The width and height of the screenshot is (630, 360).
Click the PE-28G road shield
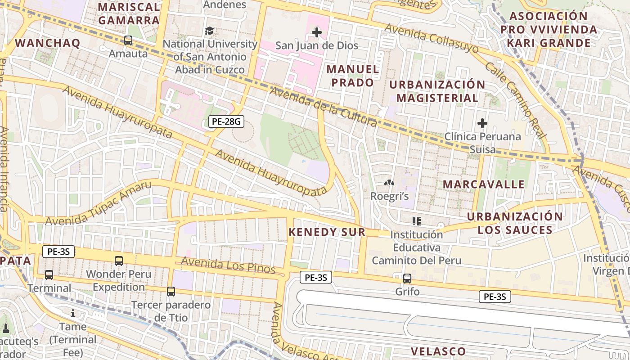pos(226,121)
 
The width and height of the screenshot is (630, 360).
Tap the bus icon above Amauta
pos(128,40)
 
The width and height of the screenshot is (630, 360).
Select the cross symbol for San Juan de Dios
pos(317,32)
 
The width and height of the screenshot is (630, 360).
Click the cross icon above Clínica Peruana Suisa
pos(482,123)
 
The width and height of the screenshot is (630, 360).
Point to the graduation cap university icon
pos(210,31)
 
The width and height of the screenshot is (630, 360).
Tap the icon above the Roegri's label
pos(389,183)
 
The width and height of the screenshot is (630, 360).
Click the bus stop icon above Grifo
pos(407,279)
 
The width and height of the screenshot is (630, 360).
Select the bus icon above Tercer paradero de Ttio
pos(171,292)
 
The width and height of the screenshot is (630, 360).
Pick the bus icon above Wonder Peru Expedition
pos(119,261)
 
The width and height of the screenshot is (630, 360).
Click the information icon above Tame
pos(73,313)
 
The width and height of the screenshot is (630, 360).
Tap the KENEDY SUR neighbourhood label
pos(327,232)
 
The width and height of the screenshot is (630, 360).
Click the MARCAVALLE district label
pos(484,184)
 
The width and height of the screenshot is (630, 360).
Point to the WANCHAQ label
pos(48,43)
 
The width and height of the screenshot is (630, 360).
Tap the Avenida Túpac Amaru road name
pos(98,204)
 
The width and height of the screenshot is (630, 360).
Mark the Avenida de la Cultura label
pos(323,106)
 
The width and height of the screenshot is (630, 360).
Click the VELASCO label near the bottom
pos(438,351)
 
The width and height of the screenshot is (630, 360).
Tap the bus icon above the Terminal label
pos(49,274)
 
